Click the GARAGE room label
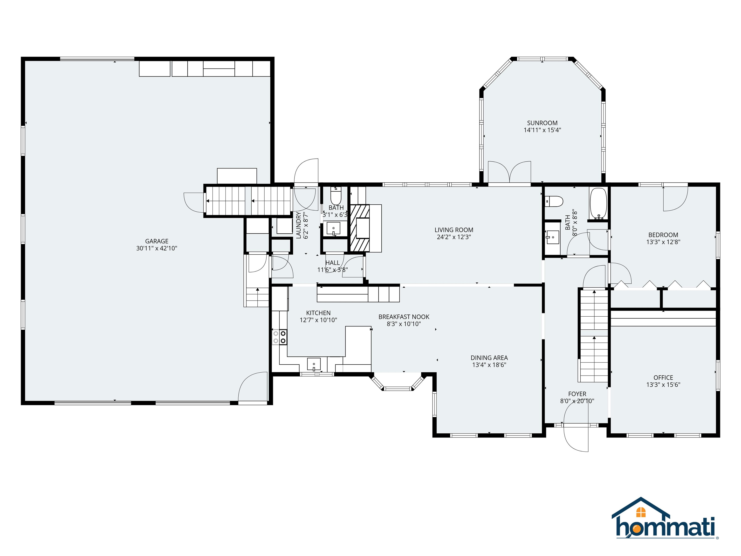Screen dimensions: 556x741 point(157,241)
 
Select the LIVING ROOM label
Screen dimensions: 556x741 point(453,230)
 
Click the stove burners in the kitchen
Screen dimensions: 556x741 point(279,337)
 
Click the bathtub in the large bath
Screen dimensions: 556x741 point(598,203)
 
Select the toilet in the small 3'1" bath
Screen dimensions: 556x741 point(336,194)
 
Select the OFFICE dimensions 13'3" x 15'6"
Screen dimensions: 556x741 point(663,385)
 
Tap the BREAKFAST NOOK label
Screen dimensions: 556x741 point(404,317)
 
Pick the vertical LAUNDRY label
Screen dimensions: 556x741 point(298,225)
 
